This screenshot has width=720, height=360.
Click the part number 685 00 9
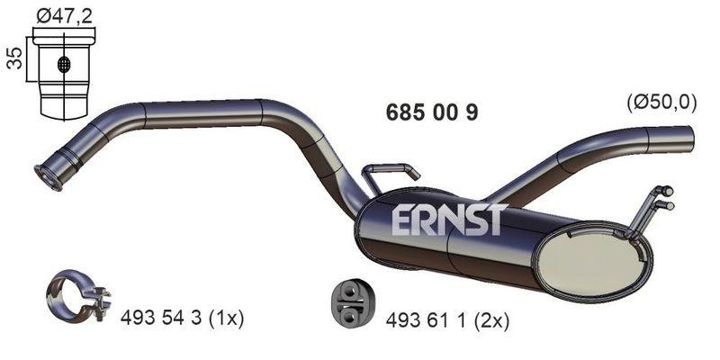[x=431, y=112]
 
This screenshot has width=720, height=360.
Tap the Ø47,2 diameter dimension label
[x=62, y=13]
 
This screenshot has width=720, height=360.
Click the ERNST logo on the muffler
[x=450, y=220]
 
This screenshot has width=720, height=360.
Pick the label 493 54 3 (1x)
[x=183, y=319]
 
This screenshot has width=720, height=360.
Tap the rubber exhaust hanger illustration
[x=346, y=303]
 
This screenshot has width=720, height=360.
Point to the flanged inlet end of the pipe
[x=49, y=177]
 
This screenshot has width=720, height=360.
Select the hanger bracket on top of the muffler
[x=390, y=174]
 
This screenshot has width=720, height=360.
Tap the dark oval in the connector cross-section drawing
[x=63, y=65]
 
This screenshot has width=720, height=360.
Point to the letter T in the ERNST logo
[x=496, y=220]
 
